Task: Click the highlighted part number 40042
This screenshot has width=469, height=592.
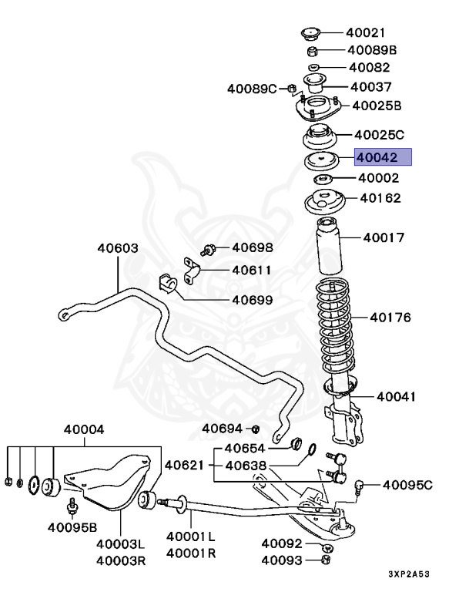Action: click(383, 158)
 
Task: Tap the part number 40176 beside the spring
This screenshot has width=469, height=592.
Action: click(390, 317)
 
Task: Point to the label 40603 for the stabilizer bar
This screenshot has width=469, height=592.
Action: click(117, 248)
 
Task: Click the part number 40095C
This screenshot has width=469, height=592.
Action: click(407, 485)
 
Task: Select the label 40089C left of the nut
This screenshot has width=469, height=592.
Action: click(252, 89)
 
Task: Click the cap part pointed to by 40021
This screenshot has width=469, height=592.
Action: click(310, 32)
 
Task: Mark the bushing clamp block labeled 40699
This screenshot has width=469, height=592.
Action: click(169, 284)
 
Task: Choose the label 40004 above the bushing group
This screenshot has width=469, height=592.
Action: click(84, 429)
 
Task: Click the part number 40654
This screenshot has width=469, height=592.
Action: click(245, 449)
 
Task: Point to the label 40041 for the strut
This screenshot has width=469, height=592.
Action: click(396, 397)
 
